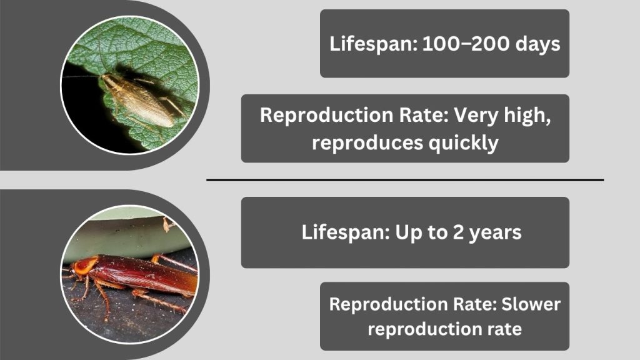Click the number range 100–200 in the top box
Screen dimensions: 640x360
466,43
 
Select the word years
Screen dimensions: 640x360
495,233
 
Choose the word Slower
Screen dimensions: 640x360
531,304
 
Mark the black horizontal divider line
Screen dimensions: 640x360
405,179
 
